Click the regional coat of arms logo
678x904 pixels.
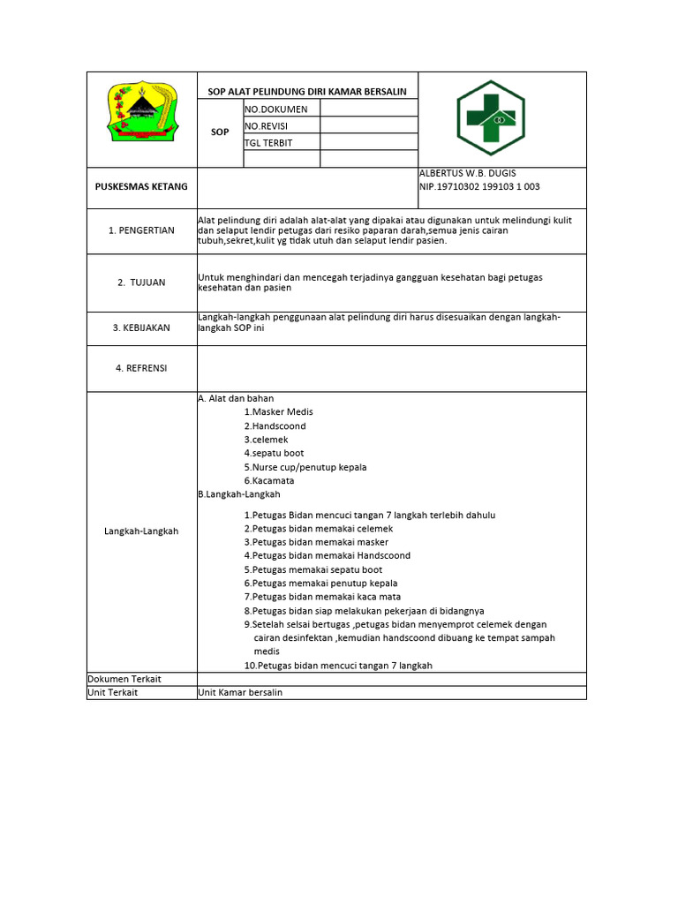pyautogui.click(x=141, y=113)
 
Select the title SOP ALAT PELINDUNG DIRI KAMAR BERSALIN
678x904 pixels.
pyautogui.click(x=306, y=91)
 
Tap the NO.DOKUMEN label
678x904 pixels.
pyautogui.click(x=276, y=109)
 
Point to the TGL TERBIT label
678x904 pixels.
pyautogui.click(x=268, y=142)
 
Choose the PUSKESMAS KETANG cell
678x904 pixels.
pyautogui.click(x=141, y=186)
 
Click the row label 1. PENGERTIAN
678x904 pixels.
pyautogui.click(x=141, y=230)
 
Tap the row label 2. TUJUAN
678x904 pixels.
pyautogui.click(x=141, y=282)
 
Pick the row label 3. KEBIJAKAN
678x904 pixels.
pyautogui.click(x=141, y=328)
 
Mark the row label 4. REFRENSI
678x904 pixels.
pyautogui.click(x=141, y=368)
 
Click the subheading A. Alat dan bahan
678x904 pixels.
pyautogui.click(x=237, y=398)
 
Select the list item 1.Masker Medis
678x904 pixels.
pyautogui.click(x=279, y=411)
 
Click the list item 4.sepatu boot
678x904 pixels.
pyautogui.click(x=275, y=453)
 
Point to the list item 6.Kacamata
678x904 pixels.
pyautogui.click(x=269, y=480)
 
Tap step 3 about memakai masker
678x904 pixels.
pyautogui.click(x=316, y=542)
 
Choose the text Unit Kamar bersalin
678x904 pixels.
pyautogui.click(x=240, y=693)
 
